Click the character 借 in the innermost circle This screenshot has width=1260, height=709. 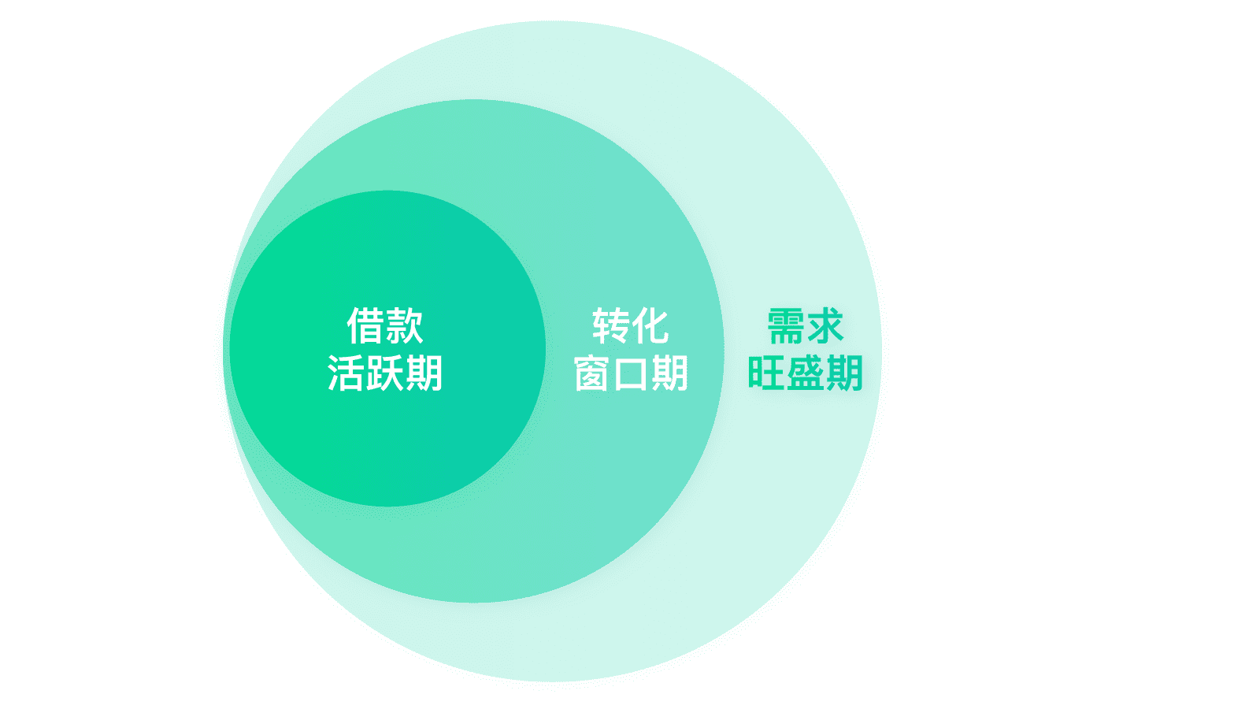click(365, 326)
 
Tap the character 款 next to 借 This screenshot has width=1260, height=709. click(405, 326)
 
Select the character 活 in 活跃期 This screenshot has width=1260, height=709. click(346, 373)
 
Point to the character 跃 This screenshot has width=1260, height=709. click(385, 373)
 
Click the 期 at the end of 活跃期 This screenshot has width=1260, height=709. click(424, 373)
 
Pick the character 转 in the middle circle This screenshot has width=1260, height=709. click(611, 326)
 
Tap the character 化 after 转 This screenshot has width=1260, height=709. click(650, 326)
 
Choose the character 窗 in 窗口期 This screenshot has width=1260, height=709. click(591, 373)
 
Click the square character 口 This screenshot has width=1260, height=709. click(631, 374)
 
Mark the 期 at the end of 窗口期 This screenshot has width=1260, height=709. click(670, 373)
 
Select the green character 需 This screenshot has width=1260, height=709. click(786, 326)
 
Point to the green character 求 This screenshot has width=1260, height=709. click(825, 326)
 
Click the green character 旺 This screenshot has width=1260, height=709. click(765, 373)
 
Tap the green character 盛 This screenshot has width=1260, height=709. click(805, 373)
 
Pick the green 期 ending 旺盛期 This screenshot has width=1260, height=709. click(844, 373)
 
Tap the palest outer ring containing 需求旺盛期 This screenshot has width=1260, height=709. click(787, 512)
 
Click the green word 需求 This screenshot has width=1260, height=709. click(806, 326)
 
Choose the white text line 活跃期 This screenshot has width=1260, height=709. click(385, 373)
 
